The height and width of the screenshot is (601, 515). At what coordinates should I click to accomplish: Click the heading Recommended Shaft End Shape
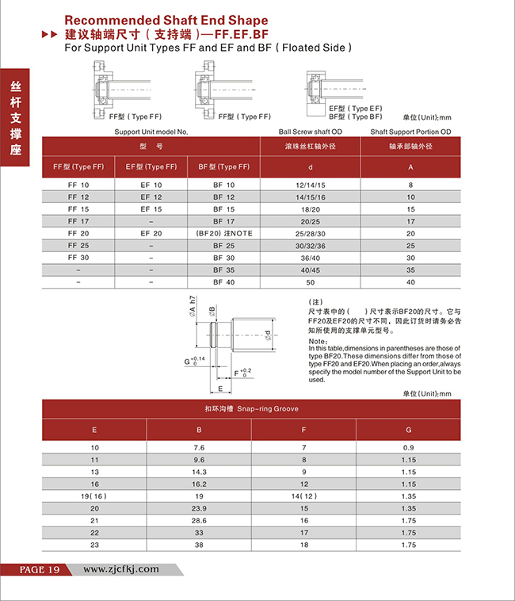[165, 20]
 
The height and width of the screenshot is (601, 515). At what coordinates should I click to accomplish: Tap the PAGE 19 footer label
[29, 570]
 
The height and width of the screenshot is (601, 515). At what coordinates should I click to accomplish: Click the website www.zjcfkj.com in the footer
[121, 569]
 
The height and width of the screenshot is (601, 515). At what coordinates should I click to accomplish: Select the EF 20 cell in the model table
[151, 233]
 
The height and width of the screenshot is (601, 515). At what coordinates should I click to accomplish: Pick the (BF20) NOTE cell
[223, 233]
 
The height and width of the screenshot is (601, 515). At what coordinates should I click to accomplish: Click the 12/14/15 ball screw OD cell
[310, 184]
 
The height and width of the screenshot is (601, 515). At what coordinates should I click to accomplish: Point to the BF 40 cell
[223, 281]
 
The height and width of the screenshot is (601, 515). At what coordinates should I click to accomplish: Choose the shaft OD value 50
[310, 281]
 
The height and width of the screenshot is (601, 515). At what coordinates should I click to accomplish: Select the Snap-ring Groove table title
[251, 409]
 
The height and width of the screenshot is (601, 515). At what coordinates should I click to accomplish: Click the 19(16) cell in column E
[94, 496]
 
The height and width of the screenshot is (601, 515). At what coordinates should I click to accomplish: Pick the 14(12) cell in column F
[303, 496]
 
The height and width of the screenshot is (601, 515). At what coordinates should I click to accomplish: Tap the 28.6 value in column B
[199, 519]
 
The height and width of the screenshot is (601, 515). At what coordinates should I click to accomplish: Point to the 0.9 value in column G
[408, 448]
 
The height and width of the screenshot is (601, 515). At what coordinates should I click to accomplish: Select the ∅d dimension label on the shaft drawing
[269, 336]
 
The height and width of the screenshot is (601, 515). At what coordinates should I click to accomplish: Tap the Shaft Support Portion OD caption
[410, 131]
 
